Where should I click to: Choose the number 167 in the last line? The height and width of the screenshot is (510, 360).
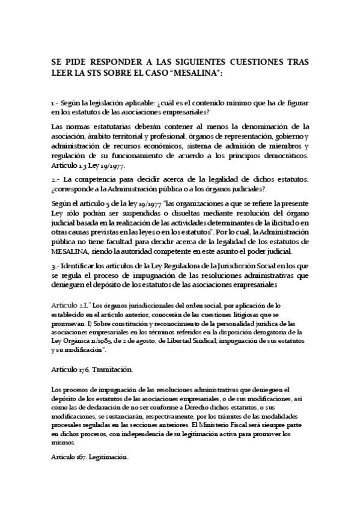(x=81, y=458)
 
